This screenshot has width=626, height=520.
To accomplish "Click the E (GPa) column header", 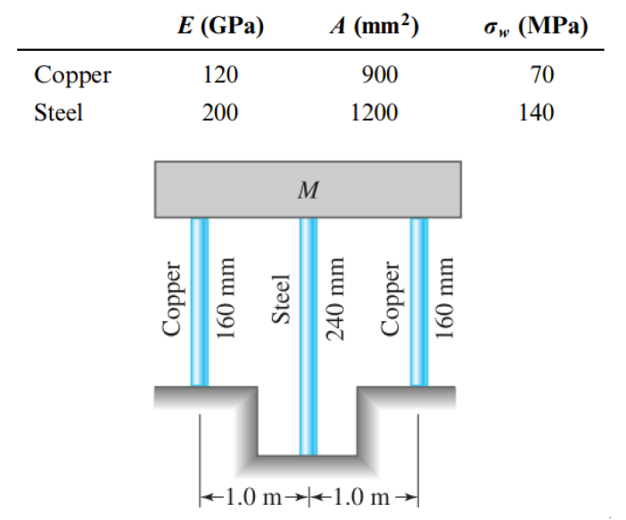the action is tap(221, 27).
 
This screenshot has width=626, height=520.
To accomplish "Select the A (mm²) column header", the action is tap(374, 27).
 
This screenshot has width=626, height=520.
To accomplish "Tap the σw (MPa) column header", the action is tap(536, 27).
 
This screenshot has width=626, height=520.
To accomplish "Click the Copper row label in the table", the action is tap(72, 76).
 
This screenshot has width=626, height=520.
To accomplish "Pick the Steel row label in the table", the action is tap(59, 112).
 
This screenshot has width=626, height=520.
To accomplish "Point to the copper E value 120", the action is tap(220, 75).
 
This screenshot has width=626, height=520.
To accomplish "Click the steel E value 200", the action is tap(220, 112).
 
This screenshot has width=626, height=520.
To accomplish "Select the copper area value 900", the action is tap(380, 75).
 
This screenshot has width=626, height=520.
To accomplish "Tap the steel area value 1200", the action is tap(374, 112).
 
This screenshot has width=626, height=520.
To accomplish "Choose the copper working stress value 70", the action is tap(542, 75).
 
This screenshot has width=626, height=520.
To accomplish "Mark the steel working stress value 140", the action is tap(536, 112).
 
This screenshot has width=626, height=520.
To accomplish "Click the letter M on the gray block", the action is tap(309, 190).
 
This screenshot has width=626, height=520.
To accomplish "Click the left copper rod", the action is tap(200, 302).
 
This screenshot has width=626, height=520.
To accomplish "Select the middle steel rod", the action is tap(309, 336).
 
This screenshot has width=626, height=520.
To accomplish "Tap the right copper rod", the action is tap(419, 302).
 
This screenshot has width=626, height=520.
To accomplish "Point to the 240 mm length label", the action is tap(335, 299).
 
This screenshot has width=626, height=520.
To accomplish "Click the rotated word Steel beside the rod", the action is tap(281, 299).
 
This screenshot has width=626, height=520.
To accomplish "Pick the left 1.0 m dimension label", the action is tap(254, 497).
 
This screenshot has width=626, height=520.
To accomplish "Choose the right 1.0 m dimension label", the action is tap(361, 497).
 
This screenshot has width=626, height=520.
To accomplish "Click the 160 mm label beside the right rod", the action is tap(445, 298).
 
